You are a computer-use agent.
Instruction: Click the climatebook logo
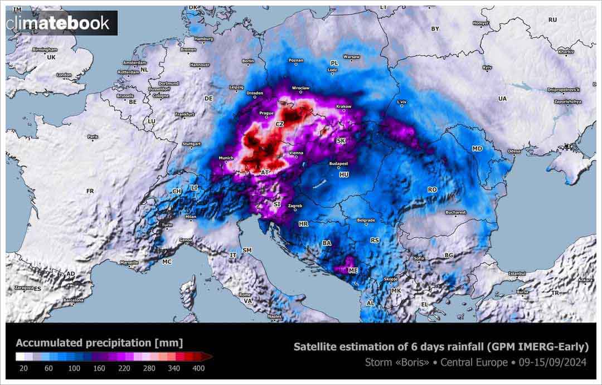pyautogui.click(x=61, y=23)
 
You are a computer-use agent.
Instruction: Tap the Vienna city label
pyautogui.click(x=297, y=152)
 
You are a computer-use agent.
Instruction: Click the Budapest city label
pyautogui.click(x=338, y=164)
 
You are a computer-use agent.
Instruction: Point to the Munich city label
pyautogui.click(x=226, y=158)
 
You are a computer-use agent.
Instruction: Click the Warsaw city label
pyautogui.click(x=352, y=57)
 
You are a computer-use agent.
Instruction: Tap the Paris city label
pyautogui.click(x=93, y=137)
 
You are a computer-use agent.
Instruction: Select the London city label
pyautogui.click(x=65, y=75)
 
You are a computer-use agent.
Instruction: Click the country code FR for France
pyautogui.click(x=90, y=191)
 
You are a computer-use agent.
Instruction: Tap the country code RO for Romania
pyautogui.click(x=432, y=189)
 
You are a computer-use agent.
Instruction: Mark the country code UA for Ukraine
pyautogui.click(x=502, y=99)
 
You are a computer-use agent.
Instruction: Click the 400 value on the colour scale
pyautogui.click(x=198, y=368)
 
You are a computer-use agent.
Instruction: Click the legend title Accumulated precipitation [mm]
pyautogui.click(x=99, y=343)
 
